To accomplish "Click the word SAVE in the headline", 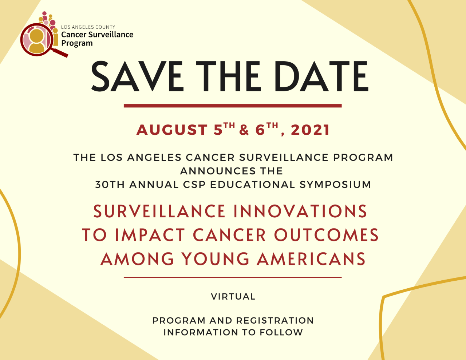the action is click(137, 76).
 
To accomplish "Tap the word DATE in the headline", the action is click(321, 76).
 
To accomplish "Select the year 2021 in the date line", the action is click(310, 130).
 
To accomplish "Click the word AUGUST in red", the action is click(172, 130).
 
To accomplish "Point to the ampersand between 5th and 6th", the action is click(244, 130).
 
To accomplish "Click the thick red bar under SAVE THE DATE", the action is click(233, 106).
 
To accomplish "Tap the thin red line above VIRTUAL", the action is click(233, 277).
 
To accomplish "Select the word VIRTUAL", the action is click(233, 297).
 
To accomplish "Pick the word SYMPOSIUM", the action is click(335, 185).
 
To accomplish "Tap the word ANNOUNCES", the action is click(218, 171).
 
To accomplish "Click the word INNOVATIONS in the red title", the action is click(300, 211).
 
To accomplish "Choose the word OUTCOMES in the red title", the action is click(327, 235).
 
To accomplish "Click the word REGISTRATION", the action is click(275, 321).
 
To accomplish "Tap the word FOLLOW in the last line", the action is click(281, 332).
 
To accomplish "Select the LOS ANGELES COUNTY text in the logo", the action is click(88, 27).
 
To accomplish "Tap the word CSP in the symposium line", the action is click(194, 185).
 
